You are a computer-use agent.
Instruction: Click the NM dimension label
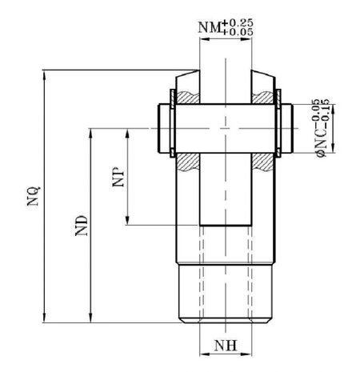[x=210, y=27]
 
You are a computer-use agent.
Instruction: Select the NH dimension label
[x=226, y=346]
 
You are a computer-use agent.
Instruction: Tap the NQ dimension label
[x=34, y=196]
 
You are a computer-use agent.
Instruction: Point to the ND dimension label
[x=82, y=226]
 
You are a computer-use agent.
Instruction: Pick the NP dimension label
[x=118, y=177]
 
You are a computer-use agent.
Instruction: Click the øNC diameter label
[x=321, y=142]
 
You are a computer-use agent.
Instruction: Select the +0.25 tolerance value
[x=237, y=22]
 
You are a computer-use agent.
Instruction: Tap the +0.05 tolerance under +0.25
[x=237, y=32]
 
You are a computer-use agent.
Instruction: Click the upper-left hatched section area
[x=188, y=98]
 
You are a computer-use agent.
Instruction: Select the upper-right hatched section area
[x=262, y=98]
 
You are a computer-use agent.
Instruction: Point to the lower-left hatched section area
[x=188, y=162]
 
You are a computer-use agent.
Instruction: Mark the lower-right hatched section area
[x=262, y=162]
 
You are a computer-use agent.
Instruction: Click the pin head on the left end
[x=164, y=128]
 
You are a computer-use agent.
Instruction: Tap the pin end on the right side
[x=287, y=128]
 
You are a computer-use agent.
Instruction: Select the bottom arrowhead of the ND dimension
[x=91, y=318]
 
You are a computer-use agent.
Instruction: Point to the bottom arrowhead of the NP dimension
[x=127, y=220]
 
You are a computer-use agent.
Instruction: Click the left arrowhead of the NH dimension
[x=205, y=354]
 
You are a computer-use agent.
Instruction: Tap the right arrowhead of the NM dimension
[x=246, y=39]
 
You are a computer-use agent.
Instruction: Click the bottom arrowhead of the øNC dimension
[x=333, y=148]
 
